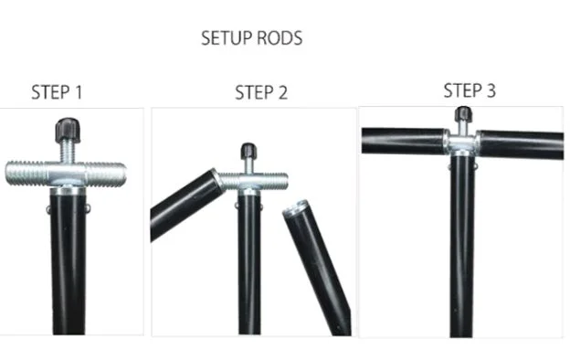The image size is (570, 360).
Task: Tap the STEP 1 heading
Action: click(x=57, y=92)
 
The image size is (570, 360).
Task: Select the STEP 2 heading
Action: click(x=261, y=92)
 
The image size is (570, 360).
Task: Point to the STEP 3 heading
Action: click(x=470, y=90)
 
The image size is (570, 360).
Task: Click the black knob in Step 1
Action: click(x=68, y=130)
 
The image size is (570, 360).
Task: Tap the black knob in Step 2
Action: click(x=249, y=151)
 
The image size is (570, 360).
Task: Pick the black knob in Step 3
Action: click(x=463, y=114)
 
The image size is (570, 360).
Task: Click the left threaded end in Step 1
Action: click(x=27, y=174)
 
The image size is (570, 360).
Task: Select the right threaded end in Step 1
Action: click(x=106, y=175)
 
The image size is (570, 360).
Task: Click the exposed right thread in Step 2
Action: click(x=274, y=181)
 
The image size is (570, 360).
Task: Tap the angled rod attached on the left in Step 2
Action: click(x=186, y=206)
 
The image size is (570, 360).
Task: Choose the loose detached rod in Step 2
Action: click(x=317, y=268)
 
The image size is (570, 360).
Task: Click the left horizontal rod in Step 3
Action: click(x=404, y=141)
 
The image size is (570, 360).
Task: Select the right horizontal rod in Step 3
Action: click(x=521, y=144)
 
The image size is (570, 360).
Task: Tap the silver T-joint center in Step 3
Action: click(x=462, y=143)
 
